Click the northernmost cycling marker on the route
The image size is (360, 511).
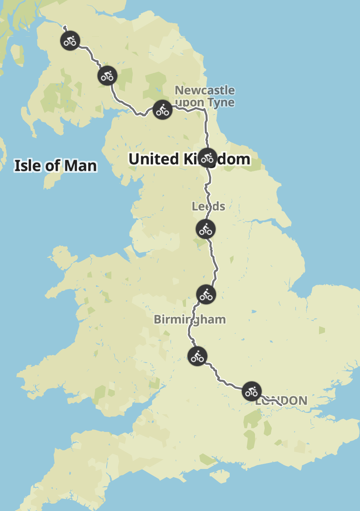70,41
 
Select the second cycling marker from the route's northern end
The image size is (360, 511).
107,76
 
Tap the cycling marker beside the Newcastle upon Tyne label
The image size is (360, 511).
163,110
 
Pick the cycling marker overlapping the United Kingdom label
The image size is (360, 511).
208,158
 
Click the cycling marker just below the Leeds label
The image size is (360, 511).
206,229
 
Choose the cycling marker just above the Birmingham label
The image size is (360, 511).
206,295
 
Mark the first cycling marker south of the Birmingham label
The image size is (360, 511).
197,356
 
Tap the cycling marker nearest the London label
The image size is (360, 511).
252,391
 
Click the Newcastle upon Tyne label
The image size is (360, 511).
205,96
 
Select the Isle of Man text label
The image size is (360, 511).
56,166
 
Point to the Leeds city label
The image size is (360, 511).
208,206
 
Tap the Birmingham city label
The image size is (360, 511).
189,320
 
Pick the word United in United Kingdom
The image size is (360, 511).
154,159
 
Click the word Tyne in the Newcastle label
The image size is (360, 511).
221,103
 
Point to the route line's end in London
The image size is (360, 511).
282,405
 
